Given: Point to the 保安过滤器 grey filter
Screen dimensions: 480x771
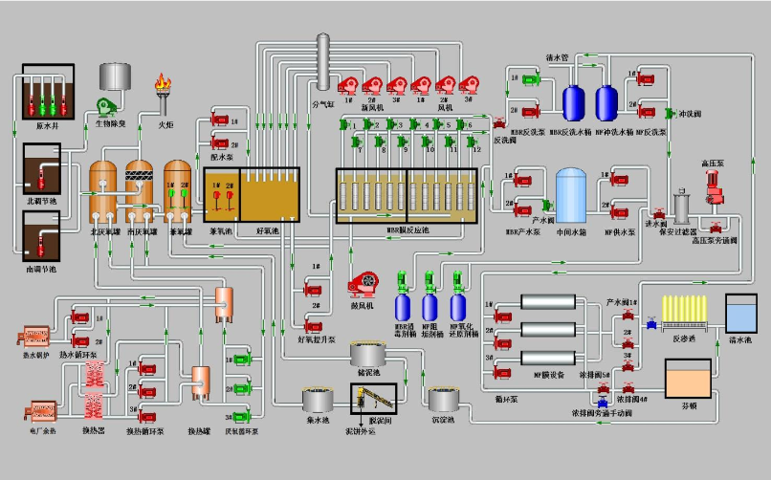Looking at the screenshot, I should pos(682,205).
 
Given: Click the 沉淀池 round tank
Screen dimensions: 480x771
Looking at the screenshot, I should pos(446,400).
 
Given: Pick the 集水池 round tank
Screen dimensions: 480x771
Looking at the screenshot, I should pos(318,401).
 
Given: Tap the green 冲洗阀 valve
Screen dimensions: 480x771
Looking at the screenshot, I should pos(670,114).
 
